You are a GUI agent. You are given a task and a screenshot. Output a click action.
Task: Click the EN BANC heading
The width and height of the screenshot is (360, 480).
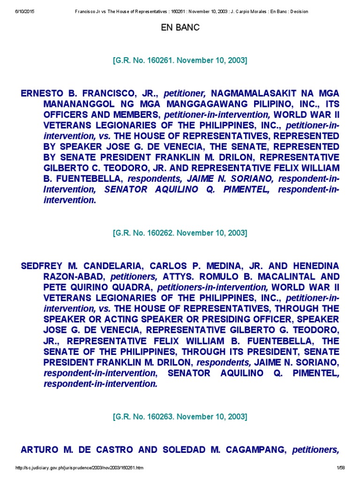click(180, 28)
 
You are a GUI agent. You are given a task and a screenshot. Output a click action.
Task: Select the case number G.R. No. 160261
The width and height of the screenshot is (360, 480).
click(180, 60)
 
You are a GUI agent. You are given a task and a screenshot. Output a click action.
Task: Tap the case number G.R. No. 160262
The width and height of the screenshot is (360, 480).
click(180, 233)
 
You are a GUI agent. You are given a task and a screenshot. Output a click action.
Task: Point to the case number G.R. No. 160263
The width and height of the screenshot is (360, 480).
click(180, 417)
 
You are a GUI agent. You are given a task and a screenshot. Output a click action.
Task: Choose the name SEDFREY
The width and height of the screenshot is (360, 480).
click(43, 266)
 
